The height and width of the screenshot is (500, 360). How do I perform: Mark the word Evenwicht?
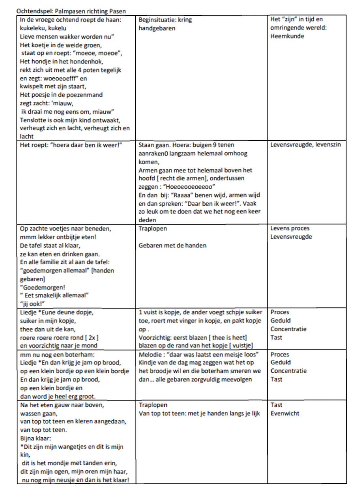[284, 414]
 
